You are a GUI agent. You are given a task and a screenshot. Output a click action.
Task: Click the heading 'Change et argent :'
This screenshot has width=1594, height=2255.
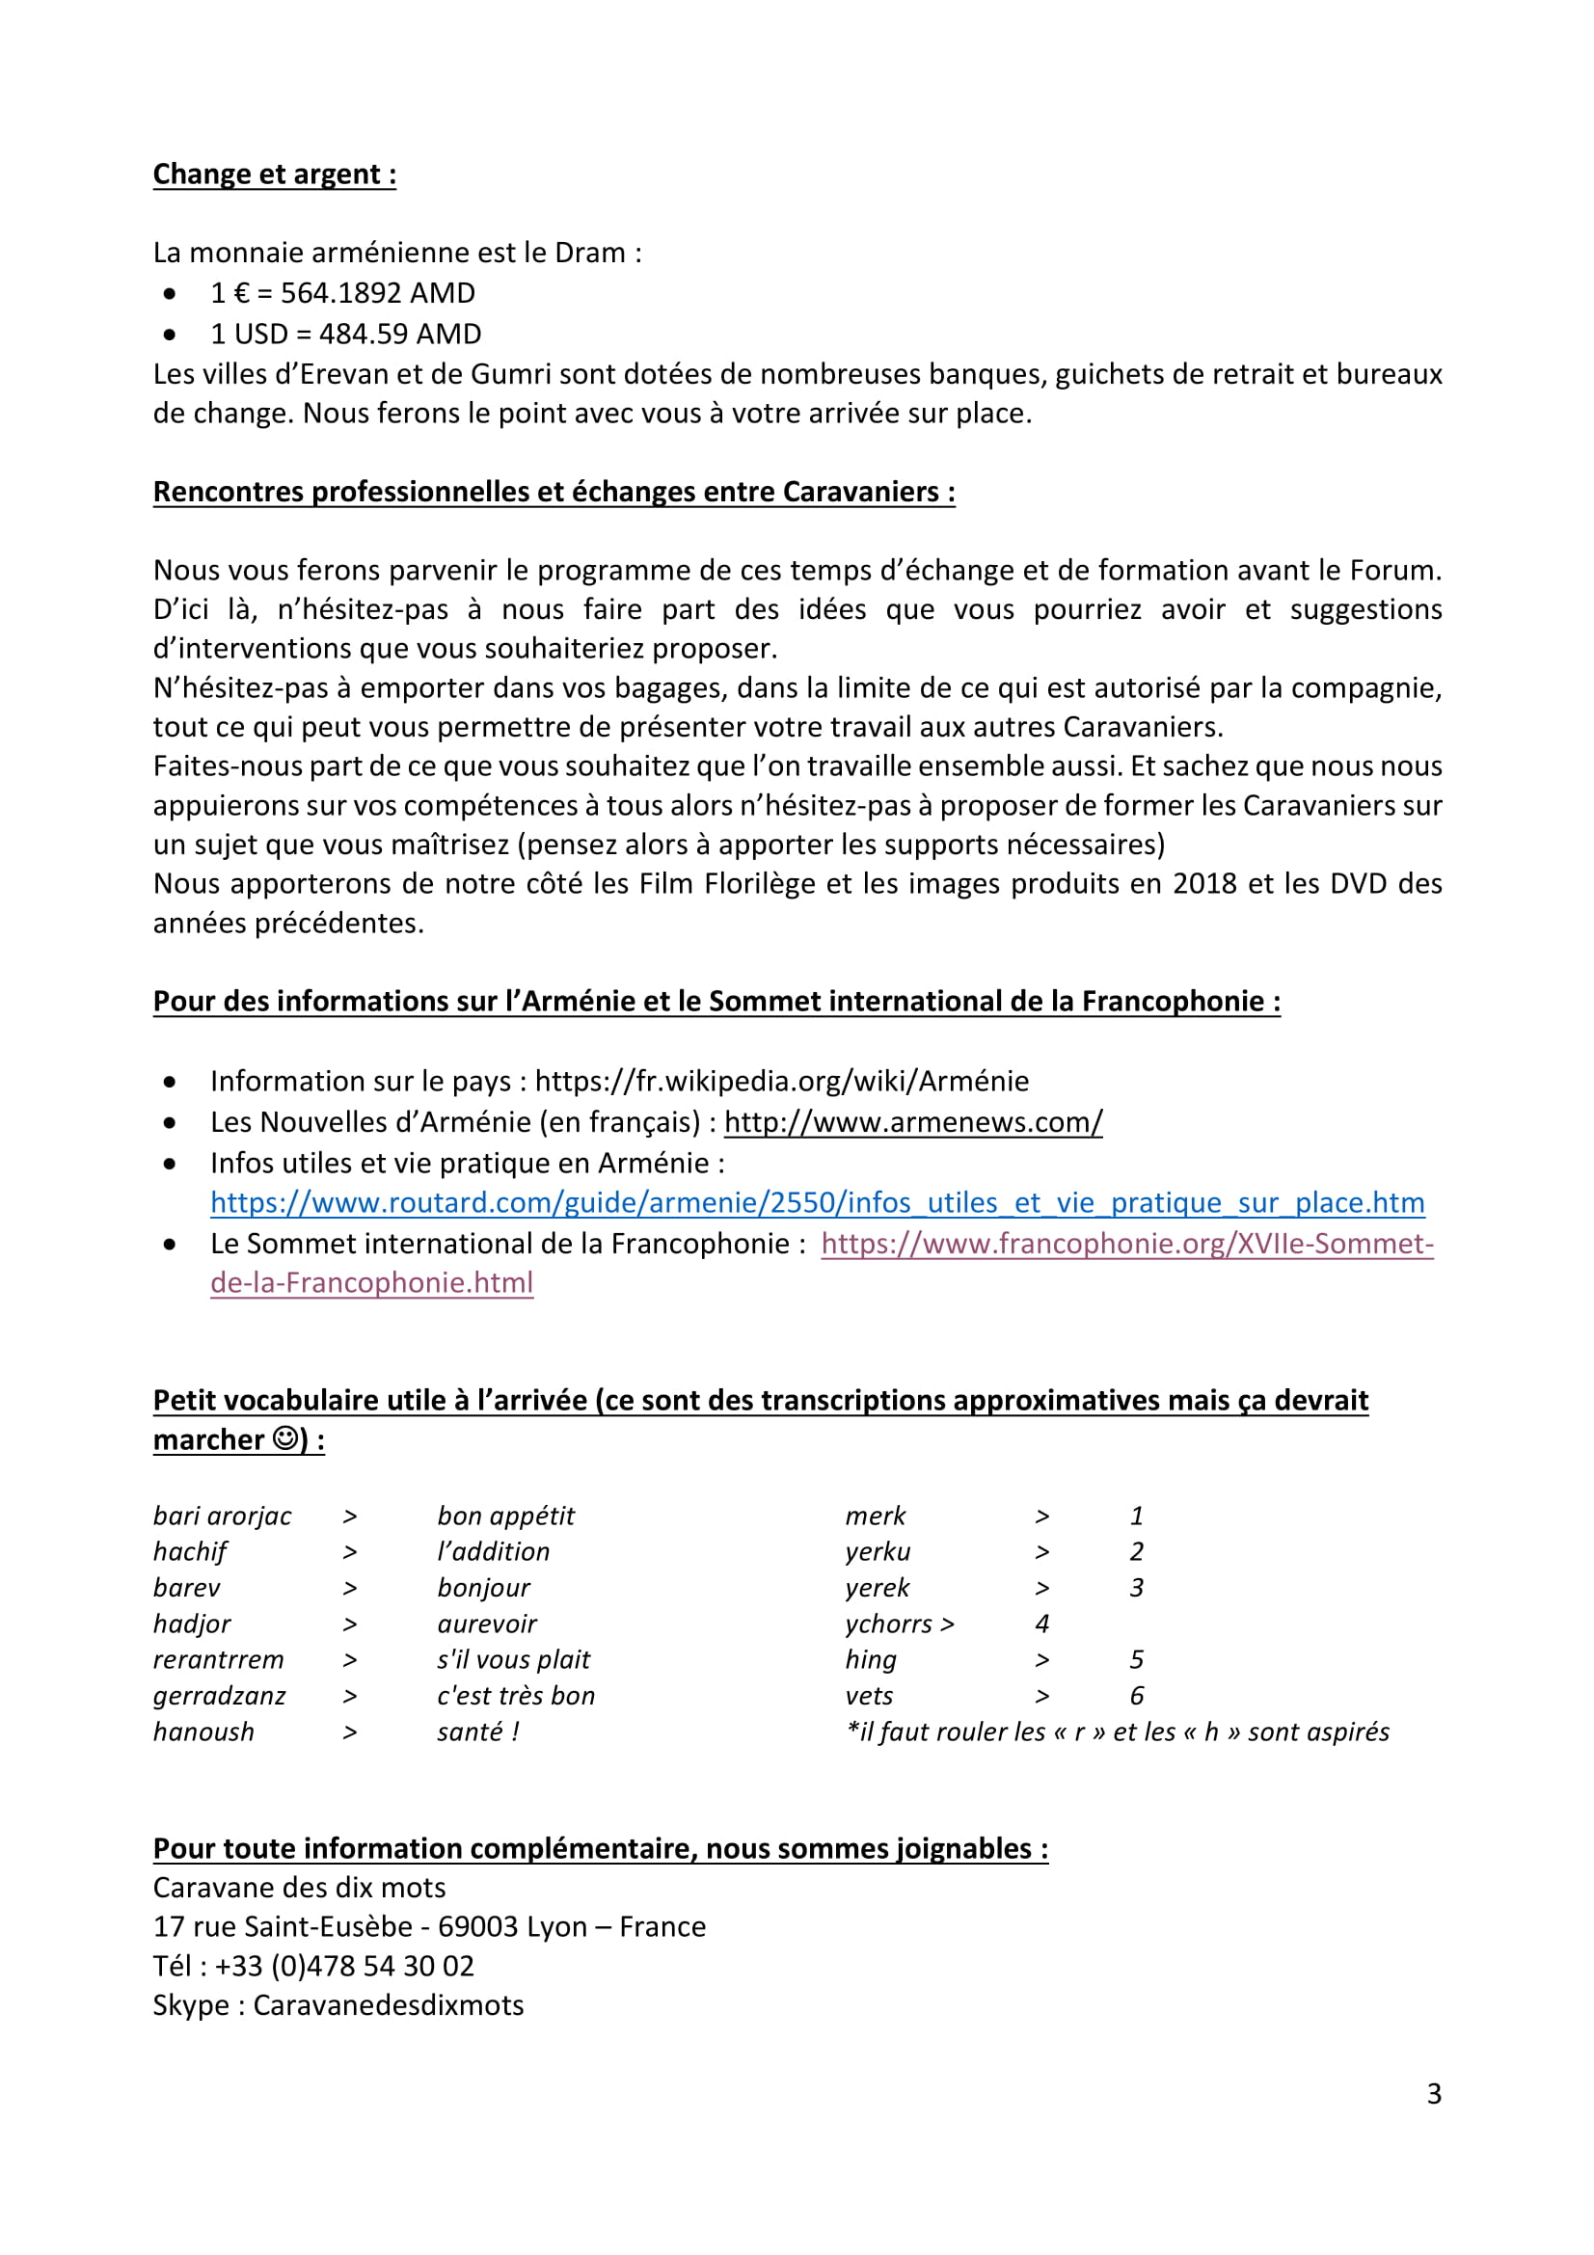(x=274, y=174)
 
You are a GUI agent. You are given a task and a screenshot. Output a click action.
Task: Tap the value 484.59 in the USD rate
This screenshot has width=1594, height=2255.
(x=360, y=334)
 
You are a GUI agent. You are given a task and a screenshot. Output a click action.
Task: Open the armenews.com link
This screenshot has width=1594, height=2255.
(x=912, y=1121)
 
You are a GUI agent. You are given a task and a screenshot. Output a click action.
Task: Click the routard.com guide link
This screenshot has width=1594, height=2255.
(x=816, y=1202)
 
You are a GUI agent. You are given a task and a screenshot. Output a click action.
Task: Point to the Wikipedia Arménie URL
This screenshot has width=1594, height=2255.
(x=781, y=1081)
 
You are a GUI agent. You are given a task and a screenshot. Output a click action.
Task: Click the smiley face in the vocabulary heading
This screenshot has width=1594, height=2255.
(x=284, y=1438)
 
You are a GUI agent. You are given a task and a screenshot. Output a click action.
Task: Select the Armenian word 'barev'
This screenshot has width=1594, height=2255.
(x=187, y=1587)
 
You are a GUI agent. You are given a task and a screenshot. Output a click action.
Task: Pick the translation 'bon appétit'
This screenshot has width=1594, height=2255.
(x=506, y=1516)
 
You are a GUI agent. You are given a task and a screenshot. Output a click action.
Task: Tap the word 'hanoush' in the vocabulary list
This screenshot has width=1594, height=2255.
(x=203, y=1732)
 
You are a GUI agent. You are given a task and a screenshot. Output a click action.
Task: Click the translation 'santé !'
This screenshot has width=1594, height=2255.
(x=478, y=1732)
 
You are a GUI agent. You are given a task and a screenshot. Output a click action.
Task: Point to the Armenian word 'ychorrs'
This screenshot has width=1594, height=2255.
(x=888, y=1624)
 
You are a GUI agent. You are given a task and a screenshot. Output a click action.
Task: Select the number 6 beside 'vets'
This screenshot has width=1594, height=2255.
(x=1136, y=1695)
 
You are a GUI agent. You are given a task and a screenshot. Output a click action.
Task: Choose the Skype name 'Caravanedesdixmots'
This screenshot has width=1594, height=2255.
(x=388, y=2004)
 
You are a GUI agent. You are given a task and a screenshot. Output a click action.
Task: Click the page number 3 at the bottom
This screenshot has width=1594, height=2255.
(x=1434, y=2094)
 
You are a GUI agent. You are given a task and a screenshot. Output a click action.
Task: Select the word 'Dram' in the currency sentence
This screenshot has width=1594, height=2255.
(x=589, y=253)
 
